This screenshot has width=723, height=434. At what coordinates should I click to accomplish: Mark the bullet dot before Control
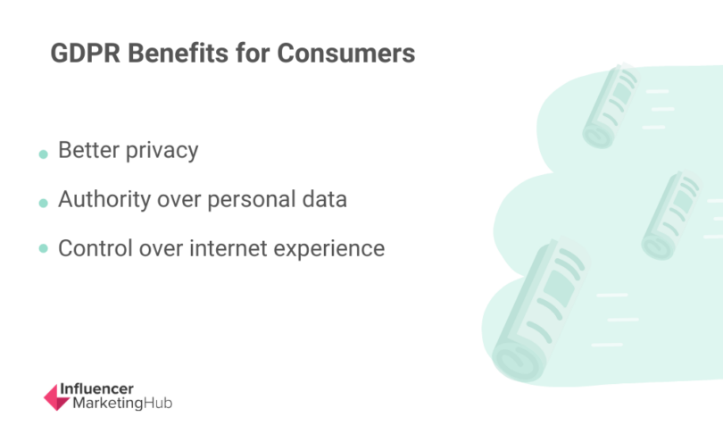click(43, 251)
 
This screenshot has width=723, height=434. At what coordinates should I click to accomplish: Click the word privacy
click(162, 151)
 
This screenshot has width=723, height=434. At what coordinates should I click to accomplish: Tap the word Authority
click(104, 199)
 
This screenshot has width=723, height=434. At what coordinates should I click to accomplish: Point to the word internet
click(229, 247)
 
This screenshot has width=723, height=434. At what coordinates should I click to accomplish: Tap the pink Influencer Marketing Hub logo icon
click(55, 398)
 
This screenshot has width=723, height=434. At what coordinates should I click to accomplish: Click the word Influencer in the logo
click(96, 389)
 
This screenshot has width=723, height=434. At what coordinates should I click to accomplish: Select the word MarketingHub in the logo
click(115, 404)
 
